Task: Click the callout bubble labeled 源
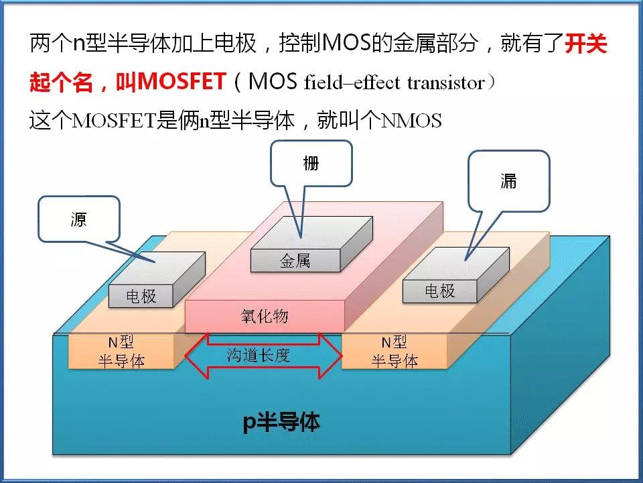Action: click(x=79, y=219)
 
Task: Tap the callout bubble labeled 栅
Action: click(x=311, y=164)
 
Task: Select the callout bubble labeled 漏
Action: click(x=508, y=180)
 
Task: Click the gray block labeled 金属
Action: click(x=311, y=244)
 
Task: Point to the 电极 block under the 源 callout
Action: click(x=157, y=280)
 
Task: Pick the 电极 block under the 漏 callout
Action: click(x=456, y=275)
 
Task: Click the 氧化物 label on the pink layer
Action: click(x=265, y=316)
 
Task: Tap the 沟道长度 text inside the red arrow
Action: click(x=259, y=355)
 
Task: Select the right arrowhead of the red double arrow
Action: click(x=330, y=356)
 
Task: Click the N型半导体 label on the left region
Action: click(x=121, y=352)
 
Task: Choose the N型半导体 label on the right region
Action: click(x=395, y=352)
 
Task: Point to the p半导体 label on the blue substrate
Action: click(x=281, y=421)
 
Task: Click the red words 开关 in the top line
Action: click(x=585, y=43)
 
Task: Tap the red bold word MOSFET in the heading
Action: click(x=182, y=81)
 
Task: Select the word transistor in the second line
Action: click(x=446, y=83)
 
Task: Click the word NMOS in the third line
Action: click(x=411, y=120)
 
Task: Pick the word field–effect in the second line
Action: click(x=352, y=82)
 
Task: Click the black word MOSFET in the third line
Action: click(x=114, y=120)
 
